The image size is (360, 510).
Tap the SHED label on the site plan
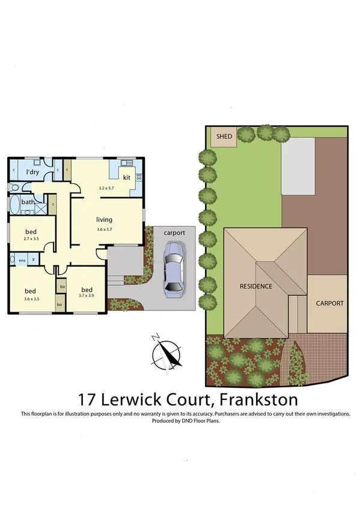[x=224, y=137]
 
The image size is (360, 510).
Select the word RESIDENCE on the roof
[x=255, y=286]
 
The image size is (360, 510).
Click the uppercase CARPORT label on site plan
[x=330, y=303]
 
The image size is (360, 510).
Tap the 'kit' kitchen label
[x=127, y=178]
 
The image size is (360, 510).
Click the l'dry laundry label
[x=33, y=173]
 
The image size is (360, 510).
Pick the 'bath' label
[x=28, y=202]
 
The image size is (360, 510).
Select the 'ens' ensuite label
[x=22, y=260]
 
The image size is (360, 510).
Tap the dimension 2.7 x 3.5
[x=31, y=239]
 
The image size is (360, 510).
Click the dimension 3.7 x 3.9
[x=87, y=295]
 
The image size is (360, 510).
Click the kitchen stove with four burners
[x=139, y=177]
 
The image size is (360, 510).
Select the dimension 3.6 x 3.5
[x=31, y=298]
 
